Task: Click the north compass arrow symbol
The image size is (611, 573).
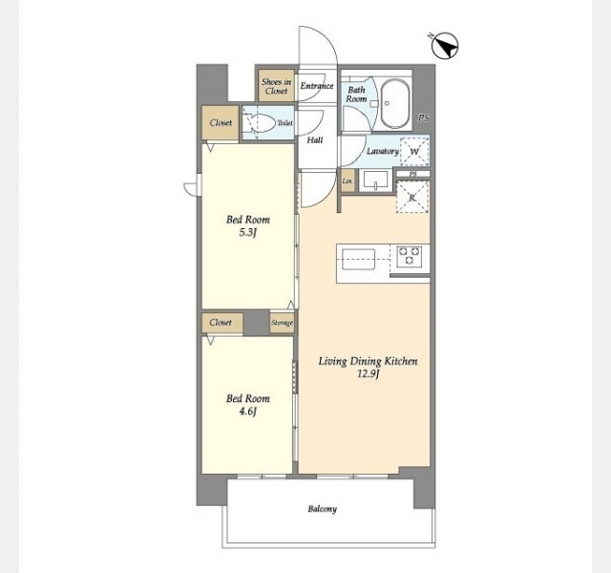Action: pyautogui.click(x=445, y=47)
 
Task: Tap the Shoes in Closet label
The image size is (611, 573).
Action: pyautogui.click(x=276, y=87)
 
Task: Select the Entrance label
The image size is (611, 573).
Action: pyautogui.click(x=317, y=86)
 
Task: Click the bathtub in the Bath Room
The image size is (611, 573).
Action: pyautogui.click(x=394, y=104)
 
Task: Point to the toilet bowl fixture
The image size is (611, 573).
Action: pyautogui.click(x=260, y=123)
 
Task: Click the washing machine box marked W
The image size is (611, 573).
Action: pyautogui.click(x=414, y=152)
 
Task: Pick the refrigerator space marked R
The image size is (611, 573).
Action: pyautogui.click(x=412, y=197)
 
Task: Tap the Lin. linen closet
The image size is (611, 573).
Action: pyautogui.click(x=348, y=180)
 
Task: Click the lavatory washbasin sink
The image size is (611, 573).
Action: pyautogui.click(x=375, y=180)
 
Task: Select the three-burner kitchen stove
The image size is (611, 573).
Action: pyautogui.click(x=410, y=257)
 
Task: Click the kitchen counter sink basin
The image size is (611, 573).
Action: pyautogui.click(x=359, y=259)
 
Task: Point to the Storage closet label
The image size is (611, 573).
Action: pyautogui.click(x=283, y=323)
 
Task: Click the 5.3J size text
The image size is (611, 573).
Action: pyautogui.click(x=248, y=233)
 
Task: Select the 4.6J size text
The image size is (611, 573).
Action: pyautogui.click(x=248, y=412)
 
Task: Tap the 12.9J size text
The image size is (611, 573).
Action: pyautogui.click(x=368, y=374)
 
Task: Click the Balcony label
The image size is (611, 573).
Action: pyautogui.click(x=323, y=509)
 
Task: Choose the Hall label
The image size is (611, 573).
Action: pyautogui.click(x=315, y=140)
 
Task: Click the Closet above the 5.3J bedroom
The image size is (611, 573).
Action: pyautogui.click(x=221, y=123)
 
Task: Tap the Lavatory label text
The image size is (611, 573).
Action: pyautogui.click(x=383, y=151)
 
